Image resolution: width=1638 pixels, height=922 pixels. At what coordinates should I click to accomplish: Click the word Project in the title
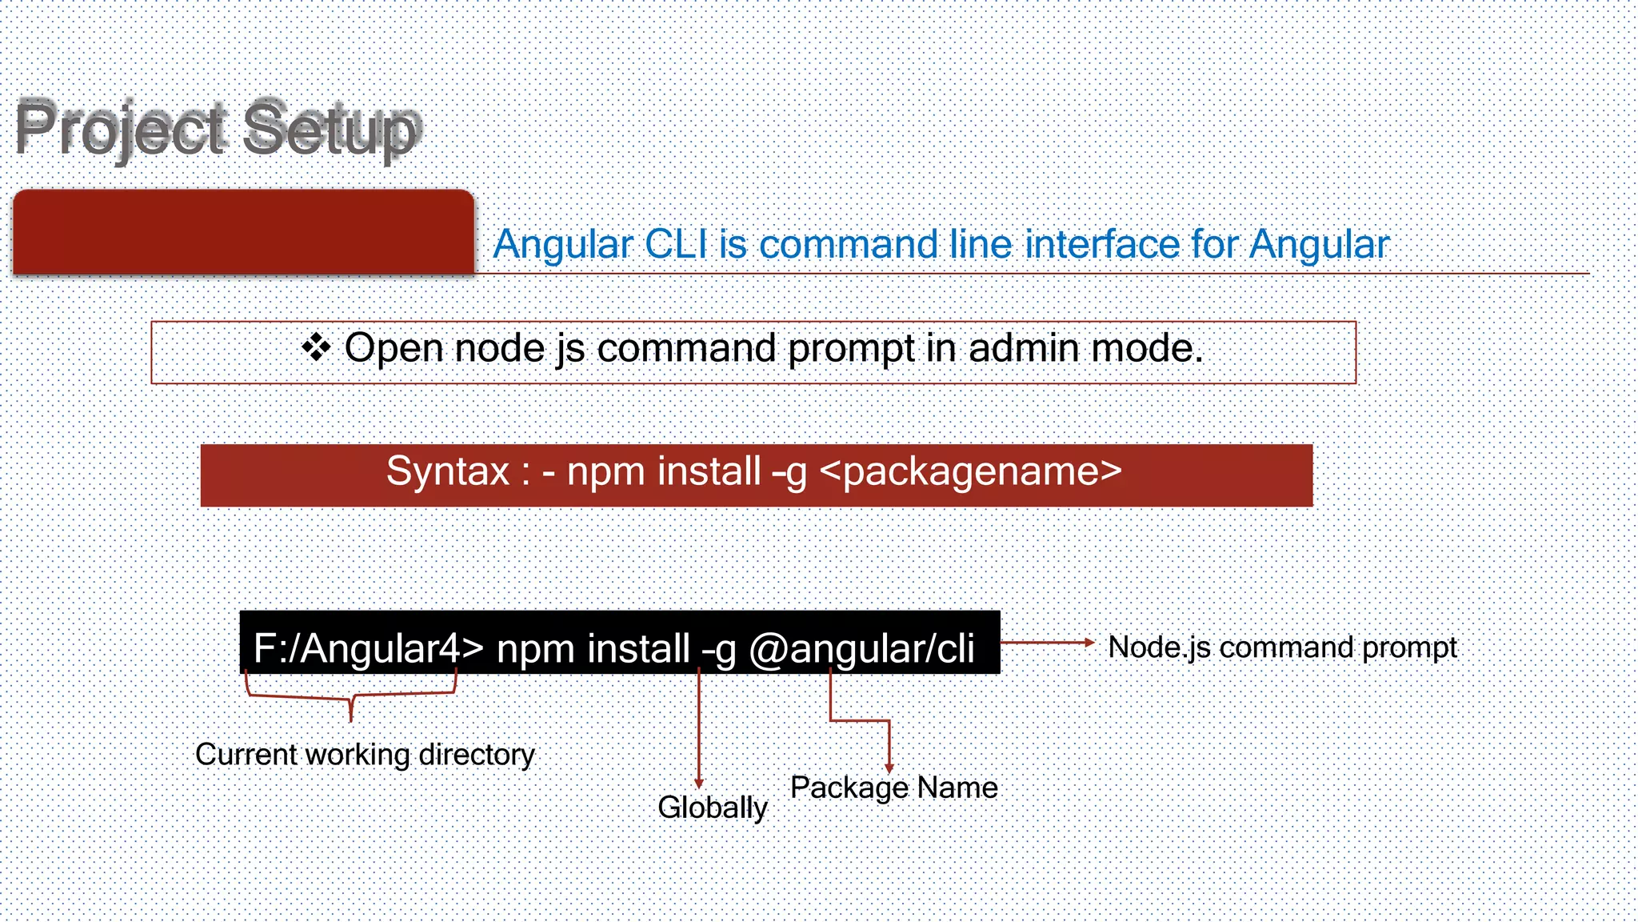120,128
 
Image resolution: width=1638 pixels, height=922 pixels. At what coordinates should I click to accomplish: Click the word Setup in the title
331,128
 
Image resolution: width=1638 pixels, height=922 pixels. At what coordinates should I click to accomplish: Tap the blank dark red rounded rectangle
244,233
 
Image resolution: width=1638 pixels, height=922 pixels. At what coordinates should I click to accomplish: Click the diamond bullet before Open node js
316,347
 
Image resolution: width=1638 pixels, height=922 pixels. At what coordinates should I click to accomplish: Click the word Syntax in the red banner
448,471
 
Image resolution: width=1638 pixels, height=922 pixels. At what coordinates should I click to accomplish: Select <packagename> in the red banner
971,471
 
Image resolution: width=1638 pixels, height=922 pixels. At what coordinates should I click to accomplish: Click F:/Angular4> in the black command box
369,648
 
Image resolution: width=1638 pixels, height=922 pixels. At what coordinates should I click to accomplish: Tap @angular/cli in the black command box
861,648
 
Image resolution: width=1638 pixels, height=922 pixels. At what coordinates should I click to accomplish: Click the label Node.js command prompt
1282,647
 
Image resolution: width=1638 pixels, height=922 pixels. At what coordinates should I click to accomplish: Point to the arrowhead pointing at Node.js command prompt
1089,642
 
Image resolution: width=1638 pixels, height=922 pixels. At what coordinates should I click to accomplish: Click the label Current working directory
365,755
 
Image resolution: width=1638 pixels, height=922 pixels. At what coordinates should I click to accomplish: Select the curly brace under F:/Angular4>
351,697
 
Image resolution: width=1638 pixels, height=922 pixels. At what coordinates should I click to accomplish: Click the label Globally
712,808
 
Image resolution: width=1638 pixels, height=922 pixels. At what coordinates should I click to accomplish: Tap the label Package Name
893,788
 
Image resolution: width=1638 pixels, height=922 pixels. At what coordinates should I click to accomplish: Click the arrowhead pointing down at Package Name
889,768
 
